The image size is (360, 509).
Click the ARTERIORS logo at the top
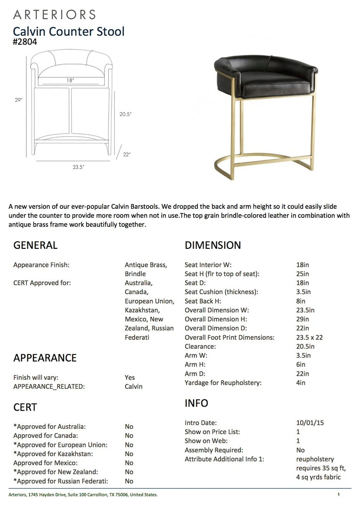[54, 15]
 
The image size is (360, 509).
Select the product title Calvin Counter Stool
[69, 32]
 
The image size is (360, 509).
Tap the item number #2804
[25, 42]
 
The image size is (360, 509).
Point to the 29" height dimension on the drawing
[18, 100]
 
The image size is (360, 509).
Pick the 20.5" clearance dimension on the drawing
[125, 114]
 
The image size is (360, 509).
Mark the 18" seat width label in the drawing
[70, 81]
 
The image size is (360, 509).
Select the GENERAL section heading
[35, 245]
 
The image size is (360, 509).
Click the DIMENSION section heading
[213, 245]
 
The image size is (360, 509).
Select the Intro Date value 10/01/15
[307, 423]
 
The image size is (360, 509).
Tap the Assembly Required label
[214, 450]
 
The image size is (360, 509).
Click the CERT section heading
[25, 407]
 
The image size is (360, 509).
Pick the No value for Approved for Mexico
[129, 463]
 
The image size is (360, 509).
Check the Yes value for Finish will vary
[130, 378]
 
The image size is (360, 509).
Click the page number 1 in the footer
[338, 494]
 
